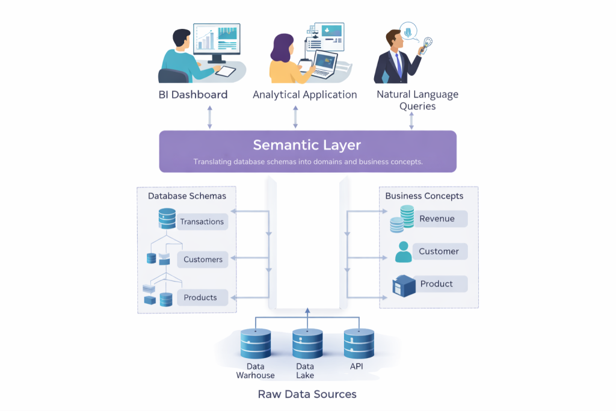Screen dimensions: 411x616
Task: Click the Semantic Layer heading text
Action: [307, 145]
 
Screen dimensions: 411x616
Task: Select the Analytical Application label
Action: [304, 94]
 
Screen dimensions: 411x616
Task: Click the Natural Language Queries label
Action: [417, 100]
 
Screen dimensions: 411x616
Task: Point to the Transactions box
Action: [202, 221]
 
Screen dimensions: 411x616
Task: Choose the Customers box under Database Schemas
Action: [203, 259]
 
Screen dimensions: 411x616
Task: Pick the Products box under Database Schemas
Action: [200, 297]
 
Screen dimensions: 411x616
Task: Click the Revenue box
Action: [437, 218]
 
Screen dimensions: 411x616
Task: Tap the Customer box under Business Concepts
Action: [439, 251]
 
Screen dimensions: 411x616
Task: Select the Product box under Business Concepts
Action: [436, 283]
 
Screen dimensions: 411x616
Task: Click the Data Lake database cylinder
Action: [307, 344]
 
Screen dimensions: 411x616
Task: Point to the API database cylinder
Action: [359, 344]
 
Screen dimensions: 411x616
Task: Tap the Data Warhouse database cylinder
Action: [255, 344]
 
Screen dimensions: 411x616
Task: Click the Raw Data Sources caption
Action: [307, 394]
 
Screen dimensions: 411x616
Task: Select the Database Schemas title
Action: [187, 196]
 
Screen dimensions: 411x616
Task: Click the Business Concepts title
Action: [424, 196]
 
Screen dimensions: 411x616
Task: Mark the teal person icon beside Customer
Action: [404, 252]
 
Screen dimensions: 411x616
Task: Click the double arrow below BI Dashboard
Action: [210, 117]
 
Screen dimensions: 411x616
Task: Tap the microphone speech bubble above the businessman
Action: [409, 31]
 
